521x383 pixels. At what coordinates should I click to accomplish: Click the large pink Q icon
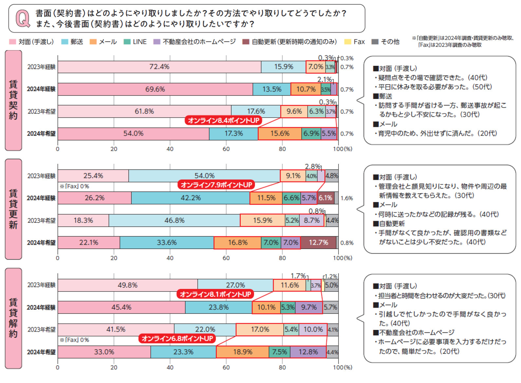[23, 19]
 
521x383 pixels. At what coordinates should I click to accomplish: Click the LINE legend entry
[135, 42]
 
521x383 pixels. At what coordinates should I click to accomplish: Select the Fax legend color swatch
[347, 42]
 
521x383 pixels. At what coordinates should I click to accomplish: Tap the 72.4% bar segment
[159, 67]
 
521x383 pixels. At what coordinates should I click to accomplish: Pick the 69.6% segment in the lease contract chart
[155, 89]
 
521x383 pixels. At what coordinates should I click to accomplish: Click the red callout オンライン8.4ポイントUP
[224, 120]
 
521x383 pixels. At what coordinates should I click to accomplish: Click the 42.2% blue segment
[190, 198]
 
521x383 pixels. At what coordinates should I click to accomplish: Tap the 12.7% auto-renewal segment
[318, 243]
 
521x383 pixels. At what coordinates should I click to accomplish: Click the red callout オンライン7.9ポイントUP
[216, 185]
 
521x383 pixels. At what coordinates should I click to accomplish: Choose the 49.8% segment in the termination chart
[127, 285]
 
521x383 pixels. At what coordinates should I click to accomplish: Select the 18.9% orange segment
[242, 352]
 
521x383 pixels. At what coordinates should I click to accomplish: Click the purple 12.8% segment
[308, 352]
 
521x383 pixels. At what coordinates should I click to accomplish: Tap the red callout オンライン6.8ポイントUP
[177, 338]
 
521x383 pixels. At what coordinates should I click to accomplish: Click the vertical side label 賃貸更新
[13, 209]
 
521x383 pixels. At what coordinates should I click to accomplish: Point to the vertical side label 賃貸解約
[13, 318]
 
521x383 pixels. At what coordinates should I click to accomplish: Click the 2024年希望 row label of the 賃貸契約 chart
[41, 134]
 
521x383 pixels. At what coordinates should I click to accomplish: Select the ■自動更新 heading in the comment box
[389, 224]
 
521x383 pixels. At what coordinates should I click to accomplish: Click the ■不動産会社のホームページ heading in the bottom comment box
[414, 333]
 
